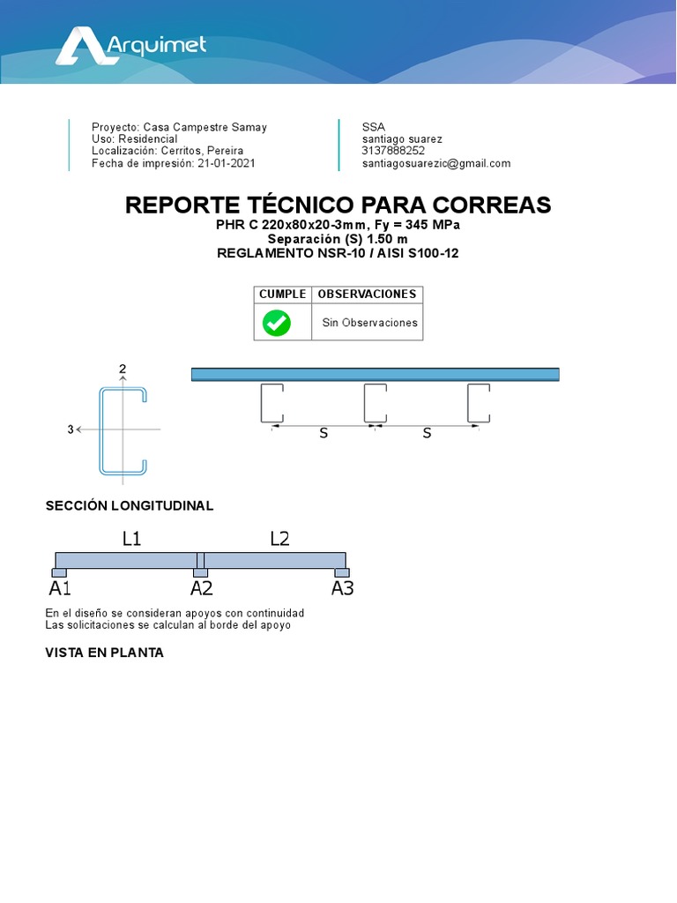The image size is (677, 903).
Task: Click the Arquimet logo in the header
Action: [130, 46]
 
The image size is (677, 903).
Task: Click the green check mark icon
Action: [277, 323]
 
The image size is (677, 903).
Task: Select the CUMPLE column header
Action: [282, 294]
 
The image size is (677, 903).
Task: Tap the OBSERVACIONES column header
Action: [367, 294]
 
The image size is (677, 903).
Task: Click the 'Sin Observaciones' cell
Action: [369, 323]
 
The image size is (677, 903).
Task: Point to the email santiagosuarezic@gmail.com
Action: [435, 163]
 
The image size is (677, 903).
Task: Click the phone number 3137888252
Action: [393, 151]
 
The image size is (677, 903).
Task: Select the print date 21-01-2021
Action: [227, 163]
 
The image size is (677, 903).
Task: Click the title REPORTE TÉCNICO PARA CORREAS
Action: [338, 205]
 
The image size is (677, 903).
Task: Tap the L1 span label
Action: [131, 539]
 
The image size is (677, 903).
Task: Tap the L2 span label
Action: [279, 539]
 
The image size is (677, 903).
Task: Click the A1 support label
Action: [60, 588]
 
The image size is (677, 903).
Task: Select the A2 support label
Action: [201, 588]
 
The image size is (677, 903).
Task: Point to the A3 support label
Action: [342, 588]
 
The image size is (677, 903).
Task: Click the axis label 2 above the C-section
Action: [123, 369]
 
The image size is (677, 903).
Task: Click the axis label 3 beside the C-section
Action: [70, 429]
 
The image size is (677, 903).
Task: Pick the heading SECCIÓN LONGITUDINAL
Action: [130, 506]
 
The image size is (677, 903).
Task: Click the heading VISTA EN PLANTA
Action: [104, 653]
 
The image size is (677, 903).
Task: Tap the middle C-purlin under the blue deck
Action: [375, 402]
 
